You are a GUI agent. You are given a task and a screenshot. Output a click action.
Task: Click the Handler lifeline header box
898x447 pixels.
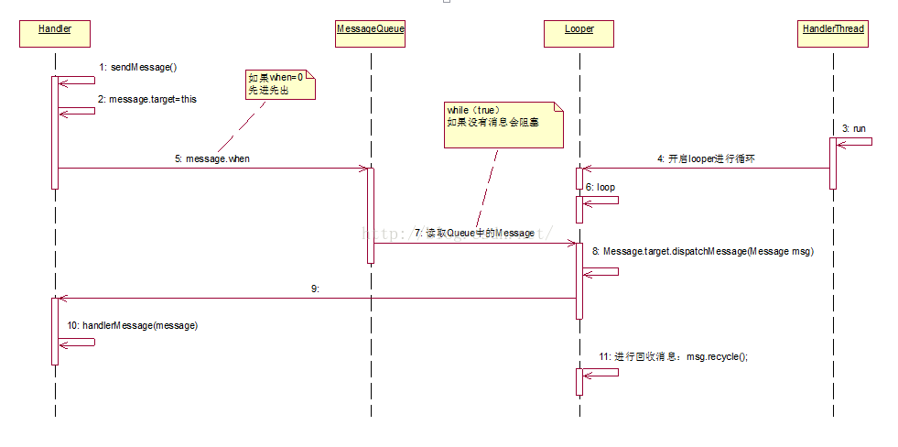coord(55,34)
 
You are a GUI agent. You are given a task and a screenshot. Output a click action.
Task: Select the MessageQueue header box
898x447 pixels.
coord(371,34)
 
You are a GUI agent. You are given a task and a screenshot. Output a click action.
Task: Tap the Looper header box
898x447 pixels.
coord(579,34)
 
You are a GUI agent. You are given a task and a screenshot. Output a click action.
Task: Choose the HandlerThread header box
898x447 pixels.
coord(833,34)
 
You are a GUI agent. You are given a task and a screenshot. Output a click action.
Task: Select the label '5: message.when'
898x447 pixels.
coord(212,158)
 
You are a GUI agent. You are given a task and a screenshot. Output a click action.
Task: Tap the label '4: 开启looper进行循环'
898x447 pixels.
coord(705,158)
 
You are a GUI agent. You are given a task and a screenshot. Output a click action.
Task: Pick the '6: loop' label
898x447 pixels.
coord(600,187)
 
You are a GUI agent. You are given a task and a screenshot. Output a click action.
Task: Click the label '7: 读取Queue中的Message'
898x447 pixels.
coord(474,234)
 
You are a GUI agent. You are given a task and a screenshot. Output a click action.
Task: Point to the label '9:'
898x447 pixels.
coord(315,289)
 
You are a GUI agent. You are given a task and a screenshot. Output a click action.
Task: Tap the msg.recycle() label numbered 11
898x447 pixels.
coord(674,356)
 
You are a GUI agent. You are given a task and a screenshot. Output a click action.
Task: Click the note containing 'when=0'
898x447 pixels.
coord(280,85)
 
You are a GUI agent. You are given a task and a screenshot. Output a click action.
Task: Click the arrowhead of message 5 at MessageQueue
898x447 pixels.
coord(363,168)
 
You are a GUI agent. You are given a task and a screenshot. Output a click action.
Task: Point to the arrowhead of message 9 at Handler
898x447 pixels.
coord(62,298)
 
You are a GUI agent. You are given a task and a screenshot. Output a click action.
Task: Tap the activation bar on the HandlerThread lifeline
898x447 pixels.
coord(833,163)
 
